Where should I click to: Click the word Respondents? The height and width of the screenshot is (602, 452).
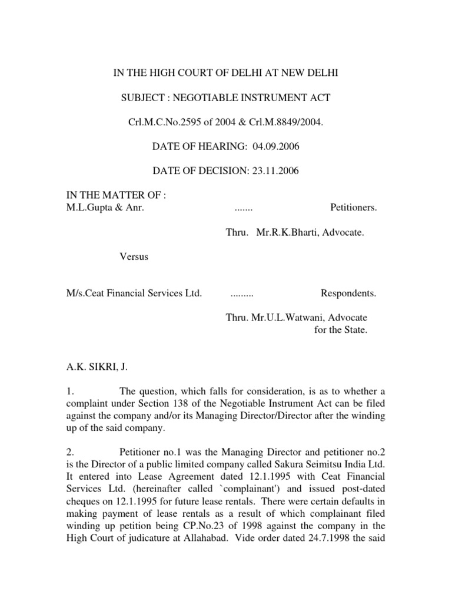348,293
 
